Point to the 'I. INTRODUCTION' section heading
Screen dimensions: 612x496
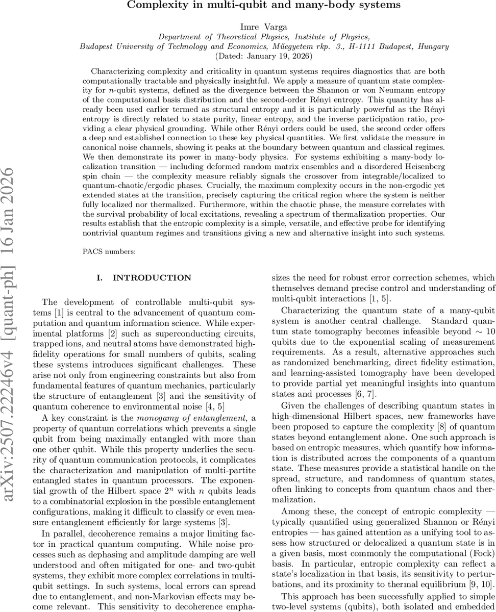tap(144, 278)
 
